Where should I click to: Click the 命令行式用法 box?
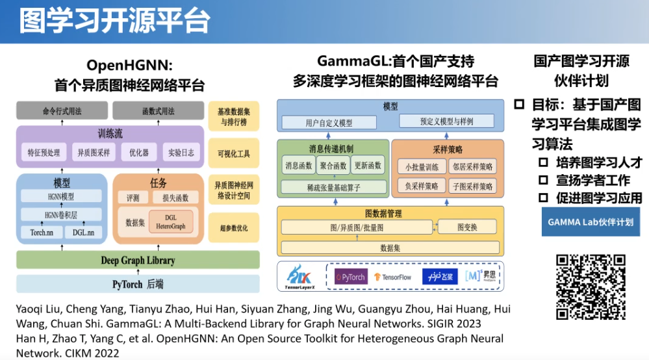coord(62,111)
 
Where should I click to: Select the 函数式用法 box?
coord(158,111)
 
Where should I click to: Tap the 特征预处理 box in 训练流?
coord(44,153)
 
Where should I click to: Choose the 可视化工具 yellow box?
coord(234,153)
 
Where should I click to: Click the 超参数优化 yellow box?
coord(234,229)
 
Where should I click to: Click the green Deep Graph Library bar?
coord(138,261)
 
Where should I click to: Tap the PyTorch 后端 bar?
coord(138,284)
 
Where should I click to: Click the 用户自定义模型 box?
coord(329,122)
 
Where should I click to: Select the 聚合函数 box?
coord(333,166)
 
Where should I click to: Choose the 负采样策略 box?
coord(422,186)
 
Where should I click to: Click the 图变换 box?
coord(467,227)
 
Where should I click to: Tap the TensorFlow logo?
coord(392,277)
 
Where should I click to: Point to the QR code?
coord(591,286)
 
